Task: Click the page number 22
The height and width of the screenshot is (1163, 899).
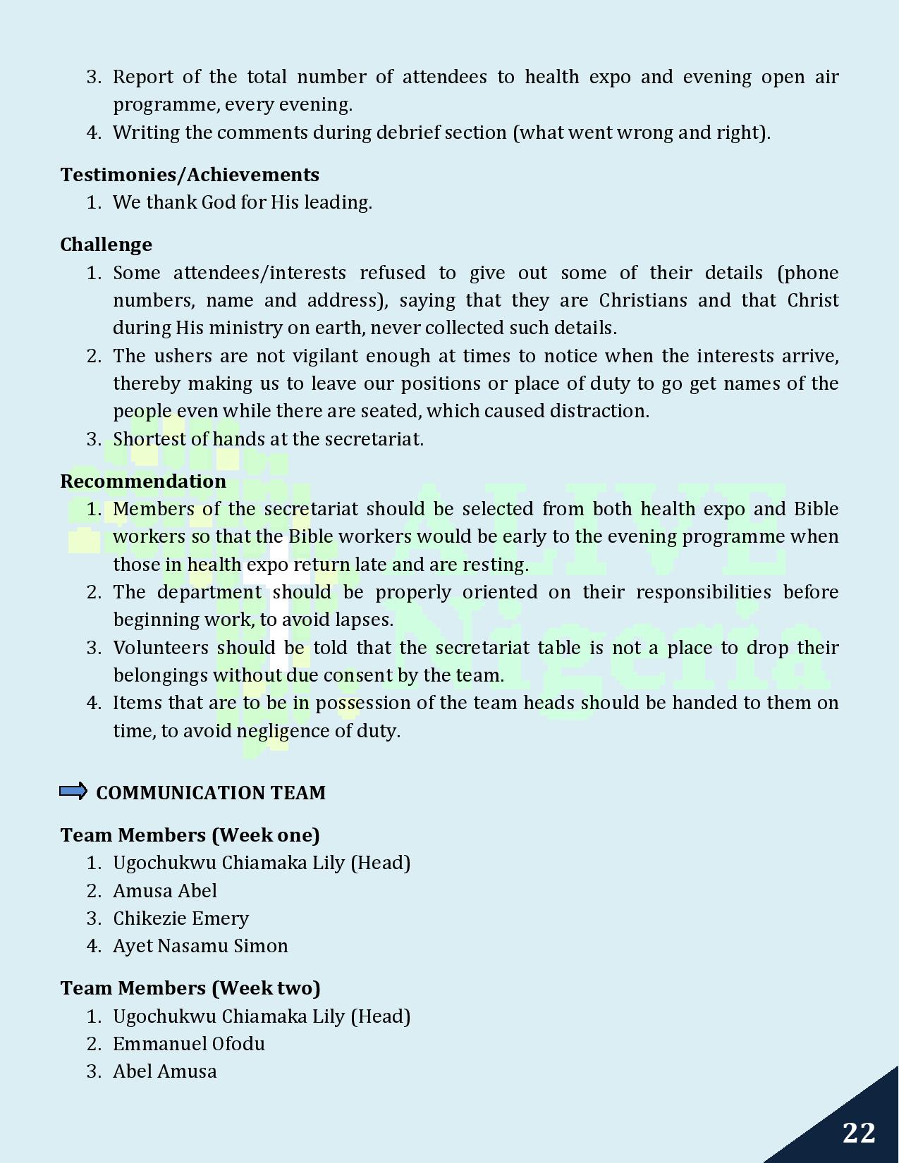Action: pyautogui.click(x=859, y=1133)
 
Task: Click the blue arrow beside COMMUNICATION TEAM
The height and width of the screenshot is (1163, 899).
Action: pyautogui.click(x=73, y=791)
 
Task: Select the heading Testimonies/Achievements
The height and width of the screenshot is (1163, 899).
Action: pyautogui.click(x=190, y=175)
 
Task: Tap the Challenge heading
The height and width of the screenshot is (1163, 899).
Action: pyautogui.click(x=106, y=245)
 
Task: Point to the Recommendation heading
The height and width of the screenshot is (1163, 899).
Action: pyautogui.click(x=143, y=481)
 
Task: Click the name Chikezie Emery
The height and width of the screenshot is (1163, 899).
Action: pyautogui.click(x=181, y=918)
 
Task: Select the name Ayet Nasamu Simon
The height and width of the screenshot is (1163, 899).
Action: pyautogui.click(x=200, y=946)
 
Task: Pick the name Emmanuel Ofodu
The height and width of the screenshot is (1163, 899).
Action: pyautogui.click(x=189, y=1044)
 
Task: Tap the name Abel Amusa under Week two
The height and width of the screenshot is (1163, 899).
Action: pyautogui.click(x=165, y=1071)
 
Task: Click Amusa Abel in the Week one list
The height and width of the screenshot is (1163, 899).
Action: pyautogui.click(x=165, y=891)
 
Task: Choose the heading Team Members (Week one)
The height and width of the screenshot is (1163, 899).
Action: pyautogui.click(x=190, y=835)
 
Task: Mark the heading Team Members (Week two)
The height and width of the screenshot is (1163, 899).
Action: pyautogui.click(x=190, y=988)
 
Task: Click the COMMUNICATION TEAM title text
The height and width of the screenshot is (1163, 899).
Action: pyautogui.click(x=211, y=793)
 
